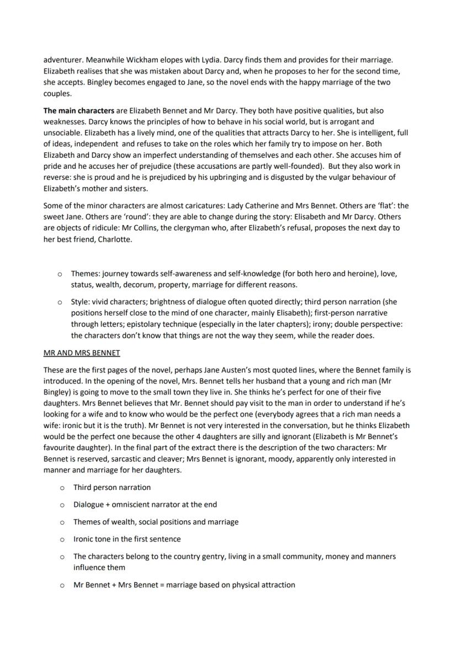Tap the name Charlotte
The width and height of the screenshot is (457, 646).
coord(114,239)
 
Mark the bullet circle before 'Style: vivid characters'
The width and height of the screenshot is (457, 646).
coord(59,302)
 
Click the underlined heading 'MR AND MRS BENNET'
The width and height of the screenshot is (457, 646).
coord(82,353)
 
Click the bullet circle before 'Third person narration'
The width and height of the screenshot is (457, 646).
coord(62,488)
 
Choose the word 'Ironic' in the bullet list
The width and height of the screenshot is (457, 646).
coord(84,539)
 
